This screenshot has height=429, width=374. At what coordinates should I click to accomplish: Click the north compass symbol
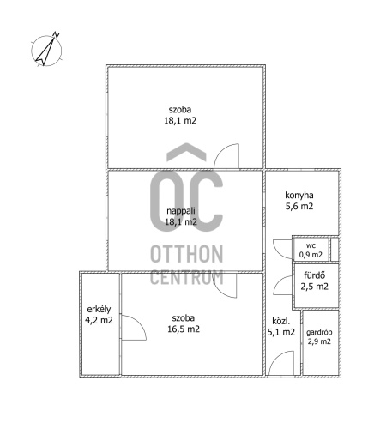click(x=46, y=51)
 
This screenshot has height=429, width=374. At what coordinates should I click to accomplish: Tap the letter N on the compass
click(x=56, y=35)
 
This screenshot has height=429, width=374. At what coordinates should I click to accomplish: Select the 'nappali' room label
click(x=181, y=211)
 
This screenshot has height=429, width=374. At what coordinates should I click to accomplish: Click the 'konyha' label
click(x=299, y=196)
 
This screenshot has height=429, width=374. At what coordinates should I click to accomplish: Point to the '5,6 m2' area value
click(x=299, y=206)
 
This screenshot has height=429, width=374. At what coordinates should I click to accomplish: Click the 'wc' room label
click(x=311, y=245)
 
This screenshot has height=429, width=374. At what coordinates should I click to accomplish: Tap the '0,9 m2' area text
click(x=311, y=255)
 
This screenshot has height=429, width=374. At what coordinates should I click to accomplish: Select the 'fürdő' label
click(x=314, y=275)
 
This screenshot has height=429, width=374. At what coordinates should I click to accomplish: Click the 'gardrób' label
click(x=319, y=332)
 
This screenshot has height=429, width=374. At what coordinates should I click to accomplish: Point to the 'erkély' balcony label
click(x=99, y=309)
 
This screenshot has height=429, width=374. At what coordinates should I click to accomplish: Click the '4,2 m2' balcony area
click(x=99, y=320)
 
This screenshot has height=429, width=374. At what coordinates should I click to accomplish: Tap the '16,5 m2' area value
click(x=184, y=329)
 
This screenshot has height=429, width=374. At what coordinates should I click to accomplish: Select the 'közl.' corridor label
click(x=280, y=321)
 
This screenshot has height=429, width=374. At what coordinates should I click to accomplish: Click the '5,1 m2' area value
click(x=280, y=332)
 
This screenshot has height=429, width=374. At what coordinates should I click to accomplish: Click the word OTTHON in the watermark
click(x=186, y=254)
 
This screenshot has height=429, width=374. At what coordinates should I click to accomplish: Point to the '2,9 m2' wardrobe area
click(x=319, y=341)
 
